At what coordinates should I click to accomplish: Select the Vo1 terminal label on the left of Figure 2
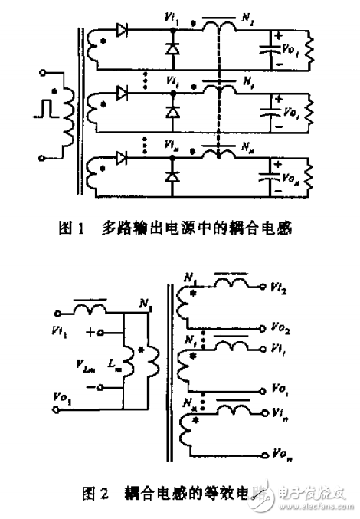61,397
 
